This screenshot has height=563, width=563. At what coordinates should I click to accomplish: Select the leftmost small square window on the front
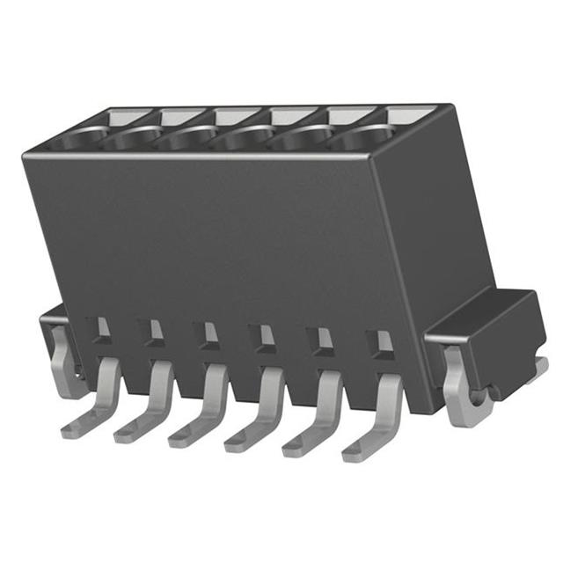pos(103,328)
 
